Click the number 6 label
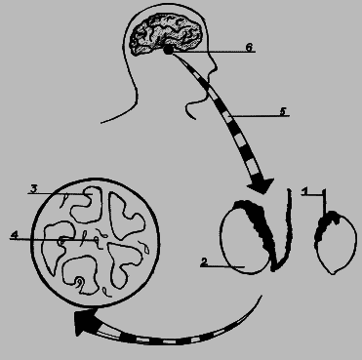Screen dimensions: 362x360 (x=249, y=47)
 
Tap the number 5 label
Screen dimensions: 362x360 (x=283, y=111)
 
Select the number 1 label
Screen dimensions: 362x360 (x=304, y=191)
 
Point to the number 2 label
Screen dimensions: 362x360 (x=204, y=262)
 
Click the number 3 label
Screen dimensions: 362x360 (x=34, y=188)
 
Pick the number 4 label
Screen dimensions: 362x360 (x=14, y=235)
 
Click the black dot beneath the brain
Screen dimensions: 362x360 (x=168, y=50)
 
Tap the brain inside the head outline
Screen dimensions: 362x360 (x=166, y=33)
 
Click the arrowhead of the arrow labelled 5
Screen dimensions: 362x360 (x=261, y=186)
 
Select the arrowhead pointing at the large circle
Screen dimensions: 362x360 (x=81, y=322)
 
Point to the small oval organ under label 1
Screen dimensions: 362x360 (x=335, y=243)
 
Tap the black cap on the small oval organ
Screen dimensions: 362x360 (x=327, y=222)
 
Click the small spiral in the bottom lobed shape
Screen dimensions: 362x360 (x=79, y=282)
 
